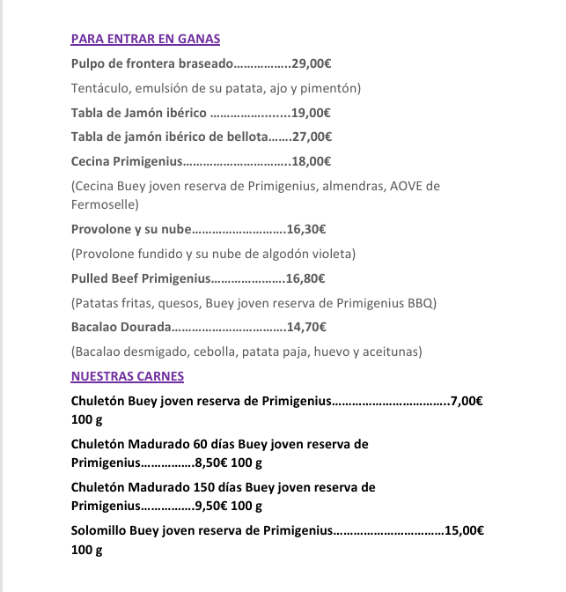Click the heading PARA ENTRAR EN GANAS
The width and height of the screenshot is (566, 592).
pos(145,39)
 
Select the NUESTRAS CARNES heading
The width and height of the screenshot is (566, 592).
pos(127,376)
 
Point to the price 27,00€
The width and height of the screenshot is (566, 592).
pos(312,137)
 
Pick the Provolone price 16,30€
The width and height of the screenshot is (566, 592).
pos(306,229)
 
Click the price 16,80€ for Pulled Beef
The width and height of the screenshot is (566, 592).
pos(305,278)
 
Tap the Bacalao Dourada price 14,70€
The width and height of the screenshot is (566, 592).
pos(307,327)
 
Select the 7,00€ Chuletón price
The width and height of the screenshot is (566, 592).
pos(467,401)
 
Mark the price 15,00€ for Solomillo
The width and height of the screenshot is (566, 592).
pos(465,530)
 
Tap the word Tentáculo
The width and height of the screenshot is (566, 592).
pos(99,88)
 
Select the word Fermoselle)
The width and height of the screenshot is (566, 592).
pos(105,204)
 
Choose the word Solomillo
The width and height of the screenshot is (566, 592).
pos(98,530)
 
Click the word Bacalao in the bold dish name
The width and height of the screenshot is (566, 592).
pos(94,327)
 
